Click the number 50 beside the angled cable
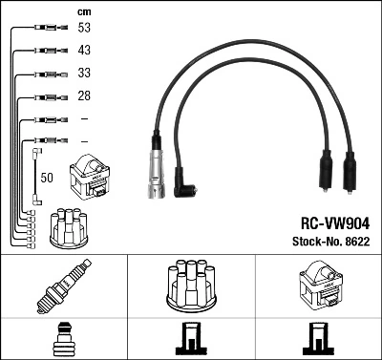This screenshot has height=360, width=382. coord(48,178)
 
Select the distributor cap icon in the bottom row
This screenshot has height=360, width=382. coord(191,286)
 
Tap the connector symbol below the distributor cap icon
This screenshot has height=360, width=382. coord(191,341)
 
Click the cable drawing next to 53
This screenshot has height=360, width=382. coord(44,29)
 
